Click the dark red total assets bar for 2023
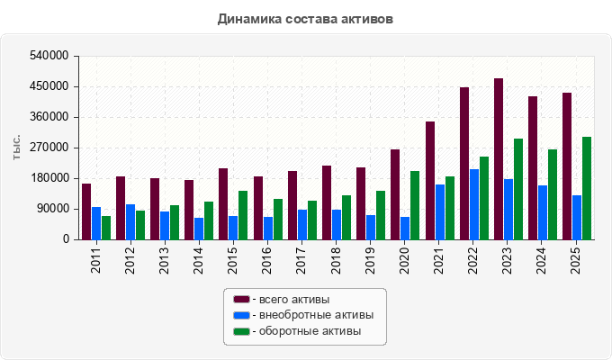[499, 159]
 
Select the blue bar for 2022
[474, 204]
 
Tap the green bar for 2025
[587, 188]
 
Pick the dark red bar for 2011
[86, 211]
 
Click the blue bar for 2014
[199, 229]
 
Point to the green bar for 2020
[415, 205]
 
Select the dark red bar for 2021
[430, 180]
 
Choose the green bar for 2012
[140, 225]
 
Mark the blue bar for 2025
[577, 218]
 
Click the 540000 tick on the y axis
[49, 56]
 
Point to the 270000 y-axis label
[49, 148]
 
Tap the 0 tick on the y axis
[66, 239]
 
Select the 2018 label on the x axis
[336, 260]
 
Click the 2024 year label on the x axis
[541, 260]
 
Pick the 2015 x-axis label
[232, 260]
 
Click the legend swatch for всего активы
[241, 299]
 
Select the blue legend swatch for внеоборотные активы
[241, 315]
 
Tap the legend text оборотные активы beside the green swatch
[310, 331]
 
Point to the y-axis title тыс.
[16, 147]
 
